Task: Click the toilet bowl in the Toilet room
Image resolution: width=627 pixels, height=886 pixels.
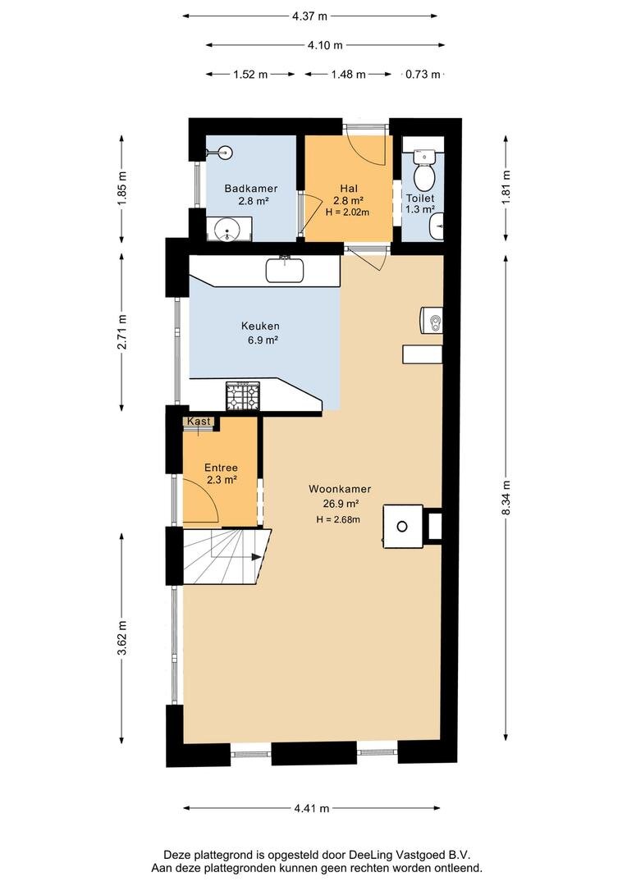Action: tap(424, 171)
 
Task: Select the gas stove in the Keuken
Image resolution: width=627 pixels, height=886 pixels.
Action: tap(243, 395)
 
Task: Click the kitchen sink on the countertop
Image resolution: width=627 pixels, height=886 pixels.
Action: tap(285, 270)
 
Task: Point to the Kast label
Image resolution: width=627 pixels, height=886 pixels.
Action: tap(199, 421)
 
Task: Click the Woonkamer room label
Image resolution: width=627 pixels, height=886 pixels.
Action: tap(340, 489)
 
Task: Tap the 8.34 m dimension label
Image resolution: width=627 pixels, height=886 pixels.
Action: tap(506, 497)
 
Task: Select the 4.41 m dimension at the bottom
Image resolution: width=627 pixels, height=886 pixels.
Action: tap(312, 808)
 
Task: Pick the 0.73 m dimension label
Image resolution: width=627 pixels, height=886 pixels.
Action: tap(423, 74)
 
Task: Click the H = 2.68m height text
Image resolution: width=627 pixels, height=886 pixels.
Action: tap(338, 519)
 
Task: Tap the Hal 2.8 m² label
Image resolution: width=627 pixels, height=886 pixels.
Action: tap(348, 194)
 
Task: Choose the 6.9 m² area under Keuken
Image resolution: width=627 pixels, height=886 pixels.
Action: tap(261, 340)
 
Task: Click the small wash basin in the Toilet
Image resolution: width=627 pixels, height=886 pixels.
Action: tap(437, 227)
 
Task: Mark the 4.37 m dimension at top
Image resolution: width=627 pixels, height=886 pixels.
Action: tap(310, 16)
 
